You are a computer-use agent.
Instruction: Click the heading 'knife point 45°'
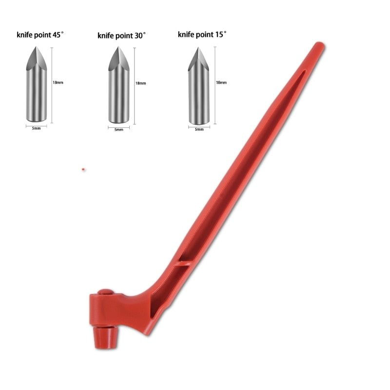40,35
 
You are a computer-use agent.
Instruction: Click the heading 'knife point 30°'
121,36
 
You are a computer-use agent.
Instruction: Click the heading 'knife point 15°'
202,34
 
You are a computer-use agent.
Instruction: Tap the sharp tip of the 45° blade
36,47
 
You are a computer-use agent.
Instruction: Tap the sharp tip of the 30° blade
118,47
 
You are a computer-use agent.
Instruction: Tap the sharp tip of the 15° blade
198,47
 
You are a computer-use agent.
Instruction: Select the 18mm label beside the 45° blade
58,82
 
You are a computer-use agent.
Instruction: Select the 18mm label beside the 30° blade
140,83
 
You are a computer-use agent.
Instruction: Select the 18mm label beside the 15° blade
221,82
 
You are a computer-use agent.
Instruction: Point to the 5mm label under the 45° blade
36,128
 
